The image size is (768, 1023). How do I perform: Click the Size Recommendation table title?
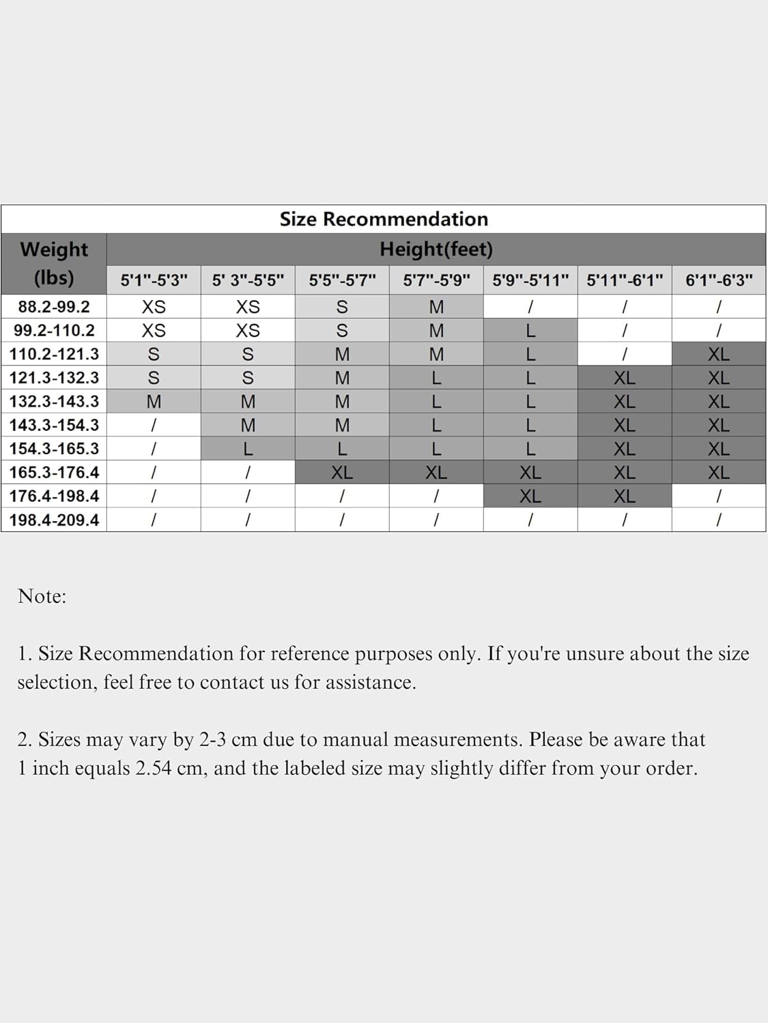(384, 219)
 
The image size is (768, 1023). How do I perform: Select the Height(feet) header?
(436, 250)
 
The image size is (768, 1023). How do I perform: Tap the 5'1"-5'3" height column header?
(154, 280)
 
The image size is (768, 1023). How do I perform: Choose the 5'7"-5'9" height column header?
(436, 280)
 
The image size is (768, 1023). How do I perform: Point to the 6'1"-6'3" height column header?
(719, 280)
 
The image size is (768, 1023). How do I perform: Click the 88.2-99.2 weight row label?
(54, 307)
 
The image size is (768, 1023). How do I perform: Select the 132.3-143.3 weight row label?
(54, 401)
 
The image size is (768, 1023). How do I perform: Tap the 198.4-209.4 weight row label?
(54, 520)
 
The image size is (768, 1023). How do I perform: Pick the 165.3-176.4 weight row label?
(54, 472)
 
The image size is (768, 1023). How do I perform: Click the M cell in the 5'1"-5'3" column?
(154, 402)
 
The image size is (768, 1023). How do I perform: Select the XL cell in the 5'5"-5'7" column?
(342, 472)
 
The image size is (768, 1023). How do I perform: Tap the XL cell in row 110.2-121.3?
(719, 354)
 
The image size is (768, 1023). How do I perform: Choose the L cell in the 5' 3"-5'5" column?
(248, 449)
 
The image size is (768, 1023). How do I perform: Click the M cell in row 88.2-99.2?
(436, 307)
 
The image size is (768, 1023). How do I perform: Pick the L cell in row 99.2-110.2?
(530, 331)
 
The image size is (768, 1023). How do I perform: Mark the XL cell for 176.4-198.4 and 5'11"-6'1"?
(625, 496)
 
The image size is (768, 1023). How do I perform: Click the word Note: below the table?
(42, 596)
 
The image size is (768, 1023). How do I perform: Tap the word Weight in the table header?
(54, 250)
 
